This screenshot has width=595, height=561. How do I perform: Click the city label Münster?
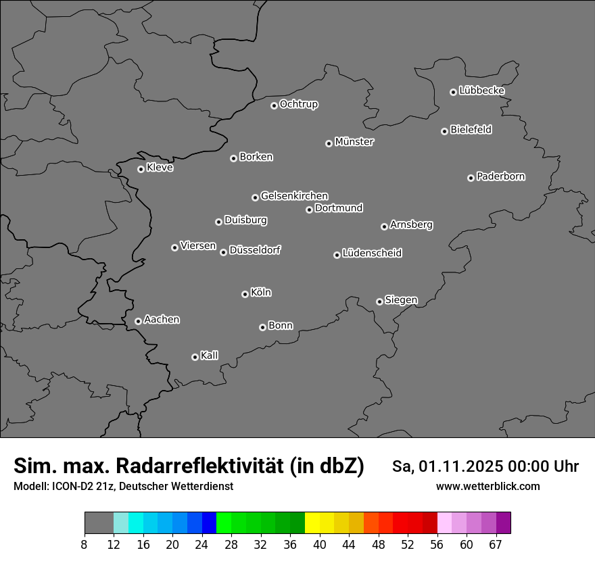pos(354,142)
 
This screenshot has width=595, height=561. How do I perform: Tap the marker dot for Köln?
pos(245,294)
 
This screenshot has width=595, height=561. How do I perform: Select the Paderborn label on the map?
pos(501,176)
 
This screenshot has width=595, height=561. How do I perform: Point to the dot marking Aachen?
pos(138,321)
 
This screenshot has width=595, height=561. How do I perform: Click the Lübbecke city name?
pos(481,91)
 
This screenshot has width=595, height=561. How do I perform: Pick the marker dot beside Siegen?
pos(379,301)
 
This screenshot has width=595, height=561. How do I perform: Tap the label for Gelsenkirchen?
pos(294,196)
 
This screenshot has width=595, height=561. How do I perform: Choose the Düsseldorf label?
pos(255,250)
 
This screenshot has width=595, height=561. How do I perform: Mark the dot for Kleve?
pos(141,169)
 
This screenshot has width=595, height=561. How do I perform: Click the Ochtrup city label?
pos(299,104)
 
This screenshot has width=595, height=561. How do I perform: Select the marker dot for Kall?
pos(195,357)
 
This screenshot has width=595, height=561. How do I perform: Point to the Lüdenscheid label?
pos(372,253)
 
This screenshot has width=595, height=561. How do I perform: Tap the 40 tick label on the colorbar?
pos(319,545)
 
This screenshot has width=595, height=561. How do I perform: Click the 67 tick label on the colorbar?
pos(496,545)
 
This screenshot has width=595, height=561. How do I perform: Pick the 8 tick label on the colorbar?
pos(85,545)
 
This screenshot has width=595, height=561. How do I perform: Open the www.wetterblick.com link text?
pos(487,487)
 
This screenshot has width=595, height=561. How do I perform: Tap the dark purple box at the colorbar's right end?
pos(503,523)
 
